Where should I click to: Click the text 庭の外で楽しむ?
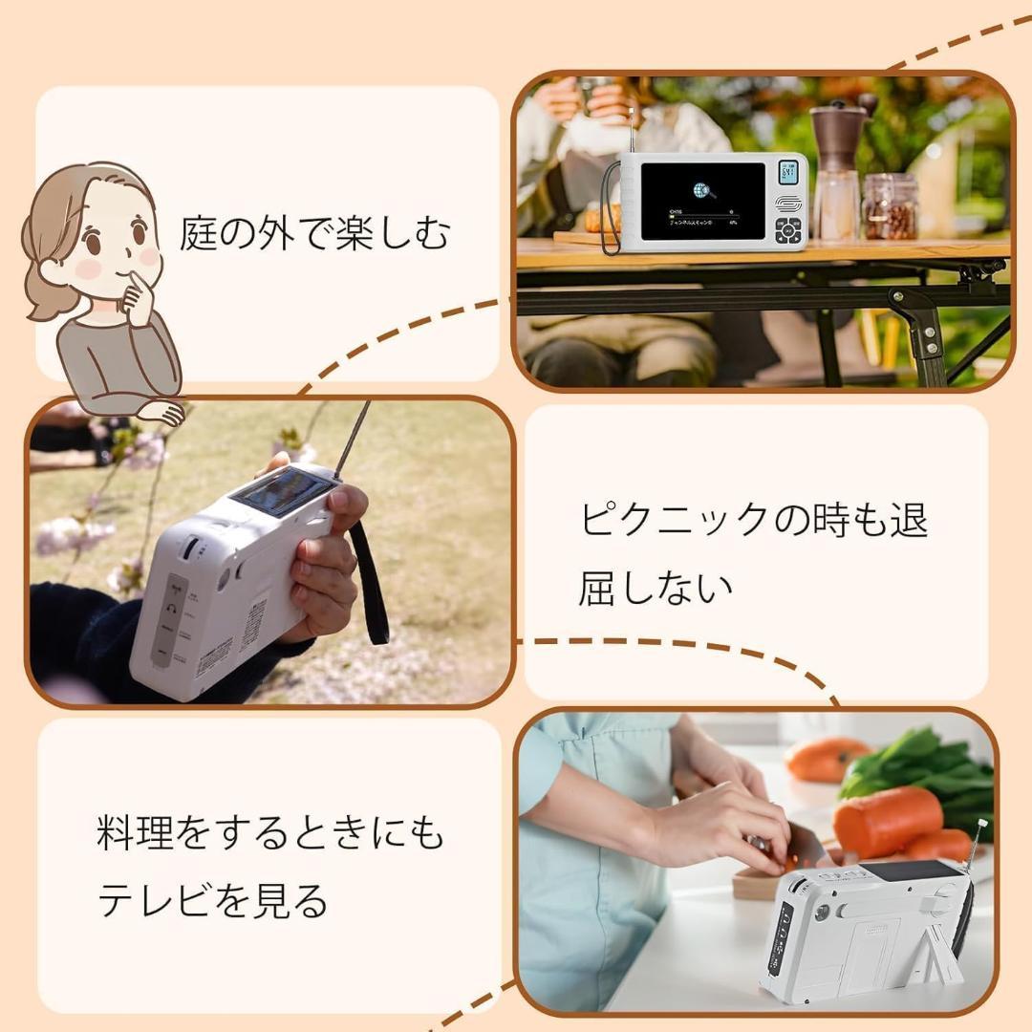(313, 233)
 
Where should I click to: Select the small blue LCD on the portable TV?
(788, 172)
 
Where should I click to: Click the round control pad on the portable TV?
(788, 230)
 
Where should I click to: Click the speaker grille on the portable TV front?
(788, 204)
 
